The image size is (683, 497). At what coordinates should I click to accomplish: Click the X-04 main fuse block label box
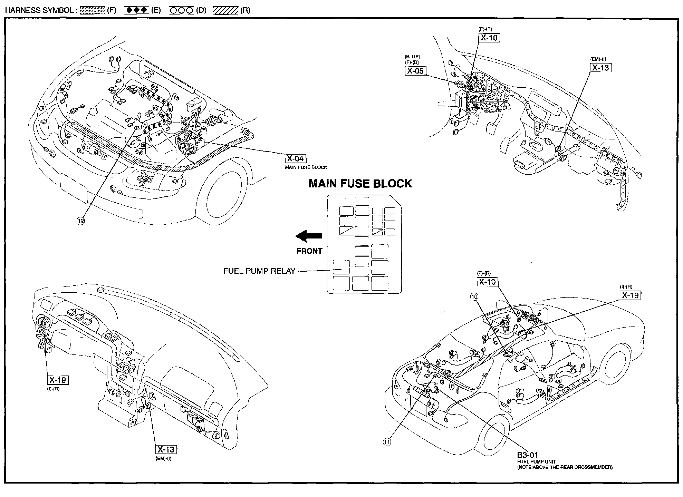(x=295, y=158)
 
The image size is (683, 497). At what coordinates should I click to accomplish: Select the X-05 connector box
(x=415, y=71)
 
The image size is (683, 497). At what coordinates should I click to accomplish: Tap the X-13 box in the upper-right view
(x=600, y=68)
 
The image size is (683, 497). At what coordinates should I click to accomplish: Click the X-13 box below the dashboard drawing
(x=166, y=449)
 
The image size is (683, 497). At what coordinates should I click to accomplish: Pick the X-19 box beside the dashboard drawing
(x=58, y=380)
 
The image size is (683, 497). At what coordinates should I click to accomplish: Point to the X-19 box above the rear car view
(x=631, y=295)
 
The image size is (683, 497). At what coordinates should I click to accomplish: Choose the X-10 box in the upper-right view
(x=489, y=38)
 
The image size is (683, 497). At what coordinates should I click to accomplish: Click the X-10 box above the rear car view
(x=488, y=282)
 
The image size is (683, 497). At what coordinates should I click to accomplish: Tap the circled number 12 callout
(x=81, y=221)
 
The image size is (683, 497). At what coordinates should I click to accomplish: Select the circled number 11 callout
(x=387, y=442)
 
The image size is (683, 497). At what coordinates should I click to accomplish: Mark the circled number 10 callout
(x=474, y=296)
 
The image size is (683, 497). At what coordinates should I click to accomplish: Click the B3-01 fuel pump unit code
(x=527, y=455)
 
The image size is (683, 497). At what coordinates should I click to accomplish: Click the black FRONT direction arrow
(x=309, y=236)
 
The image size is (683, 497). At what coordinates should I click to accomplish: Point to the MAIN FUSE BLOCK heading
(x=360, y=184)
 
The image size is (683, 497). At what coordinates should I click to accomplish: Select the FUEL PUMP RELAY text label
(x=259, y=271)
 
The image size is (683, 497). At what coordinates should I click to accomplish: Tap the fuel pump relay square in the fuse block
(x=341, y=267)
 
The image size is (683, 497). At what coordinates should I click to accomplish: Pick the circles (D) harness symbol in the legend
(x=181, y=10)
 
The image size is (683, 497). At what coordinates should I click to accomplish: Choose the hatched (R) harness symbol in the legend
(x=226, y=10)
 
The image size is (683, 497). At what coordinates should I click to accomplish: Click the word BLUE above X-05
(x=412, y=57)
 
